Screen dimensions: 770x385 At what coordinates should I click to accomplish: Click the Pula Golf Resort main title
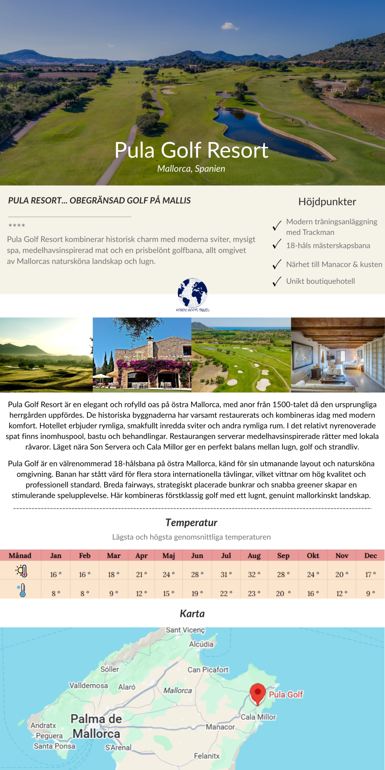click(x=191, y=150)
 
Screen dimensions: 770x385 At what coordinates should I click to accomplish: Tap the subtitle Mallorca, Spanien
click(x=191, y=169)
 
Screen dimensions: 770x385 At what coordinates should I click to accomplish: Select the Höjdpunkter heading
click(x=327, y=202)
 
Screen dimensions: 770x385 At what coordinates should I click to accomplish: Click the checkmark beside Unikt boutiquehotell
click(x=277, y=281)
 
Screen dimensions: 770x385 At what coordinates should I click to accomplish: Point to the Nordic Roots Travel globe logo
click(x=192, y=294)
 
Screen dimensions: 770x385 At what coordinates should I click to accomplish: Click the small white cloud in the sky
click(x=230, y=27)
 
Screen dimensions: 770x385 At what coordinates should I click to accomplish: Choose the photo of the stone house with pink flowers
click(x=142, y=355)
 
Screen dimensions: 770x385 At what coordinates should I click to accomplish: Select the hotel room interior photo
click(x=338, y=355)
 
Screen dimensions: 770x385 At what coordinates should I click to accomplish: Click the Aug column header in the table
click(x=254, y=556)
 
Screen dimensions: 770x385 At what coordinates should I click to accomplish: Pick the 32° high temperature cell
click(x=254, y=574)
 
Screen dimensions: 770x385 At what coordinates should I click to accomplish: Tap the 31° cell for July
click(x=226, y=574)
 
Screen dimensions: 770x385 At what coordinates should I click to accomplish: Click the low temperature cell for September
click(x=283, y=593)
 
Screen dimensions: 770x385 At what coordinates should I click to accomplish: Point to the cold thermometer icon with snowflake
click(x=22, y=590)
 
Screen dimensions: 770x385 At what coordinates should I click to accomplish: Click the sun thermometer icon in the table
click(x=22, y=571)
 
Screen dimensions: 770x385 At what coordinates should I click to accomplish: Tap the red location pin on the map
click(x=258, y=693)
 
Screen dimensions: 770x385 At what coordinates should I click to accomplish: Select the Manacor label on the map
click(x=220, y=727)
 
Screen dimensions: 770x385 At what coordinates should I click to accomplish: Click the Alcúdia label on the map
click(x=201, y=644)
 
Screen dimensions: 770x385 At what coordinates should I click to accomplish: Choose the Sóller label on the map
click(x=110, y=669)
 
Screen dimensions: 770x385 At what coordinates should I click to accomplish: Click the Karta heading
click(x=192, y=614)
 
